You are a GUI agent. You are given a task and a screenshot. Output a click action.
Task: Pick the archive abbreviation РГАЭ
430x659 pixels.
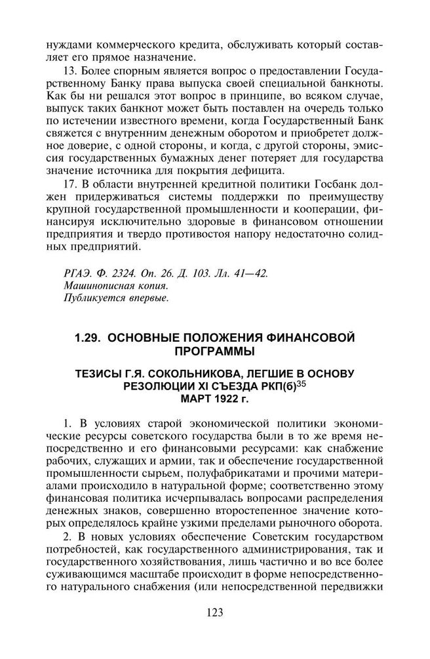(73, 272)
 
